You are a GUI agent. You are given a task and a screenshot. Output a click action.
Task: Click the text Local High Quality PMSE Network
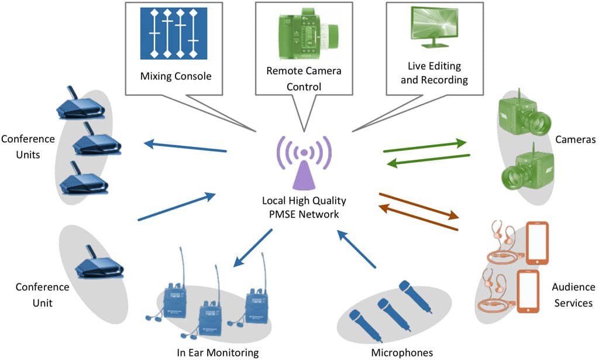point(304,208)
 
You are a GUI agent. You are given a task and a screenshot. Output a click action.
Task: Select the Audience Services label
point(572,295)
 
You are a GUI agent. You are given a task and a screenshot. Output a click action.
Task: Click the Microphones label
point(402,352)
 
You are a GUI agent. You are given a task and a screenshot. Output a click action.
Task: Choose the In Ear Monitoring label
point(217,352)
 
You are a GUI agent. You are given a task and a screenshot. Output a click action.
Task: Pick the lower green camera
point(525,168)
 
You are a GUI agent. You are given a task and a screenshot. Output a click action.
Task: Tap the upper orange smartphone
point(538,242)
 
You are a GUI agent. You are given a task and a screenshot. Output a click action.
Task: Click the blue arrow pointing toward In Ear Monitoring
point(253,248)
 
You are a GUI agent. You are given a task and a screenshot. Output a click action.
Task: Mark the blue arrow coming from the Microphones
point(356,249)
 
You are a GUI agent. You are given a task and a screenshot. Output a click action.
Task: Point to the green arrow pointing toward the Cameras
point(425,146)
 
